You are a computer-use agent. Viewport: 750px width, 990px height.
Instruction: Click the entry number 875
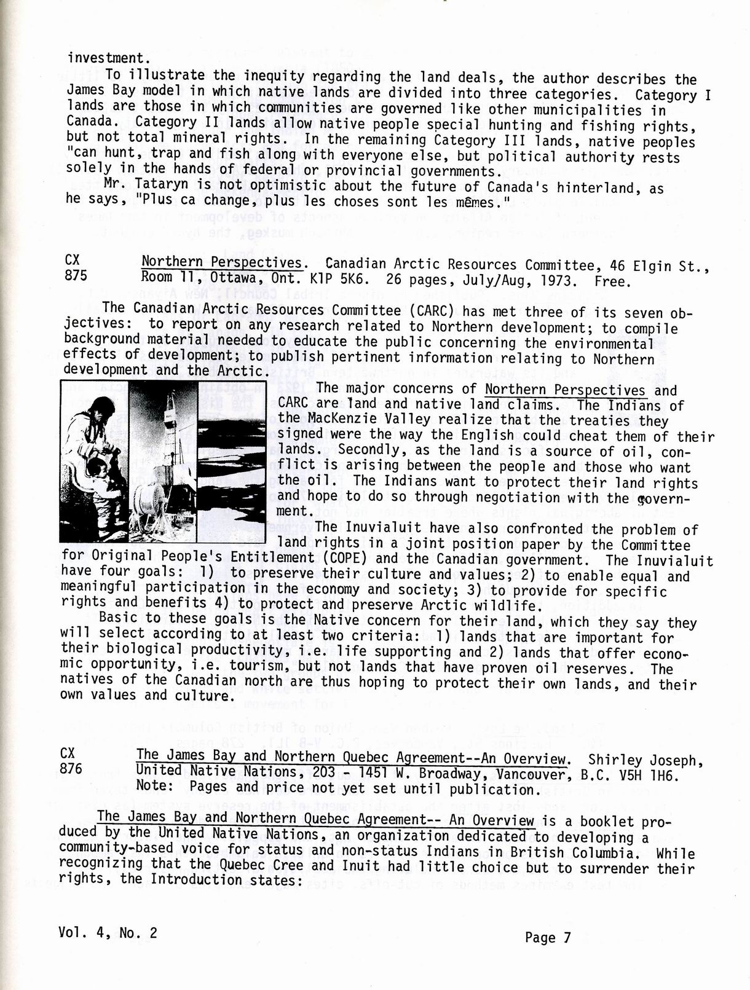click(71, 276)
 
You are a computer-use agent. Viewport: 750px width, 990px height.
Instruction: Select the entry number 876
click(71, 768)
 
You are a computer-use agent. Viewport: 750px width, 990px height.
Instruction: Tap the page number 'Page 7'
click(548, 937)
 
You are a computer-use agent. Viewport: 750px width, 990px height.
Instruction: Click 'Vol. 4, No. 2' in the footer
click(108, 932)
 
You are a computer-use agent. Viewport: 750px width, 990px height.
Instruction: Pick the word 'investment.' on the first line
click(108, 58)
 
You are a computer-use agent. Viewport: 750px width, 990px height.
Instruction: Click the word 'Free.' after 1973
click(613, 282)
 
